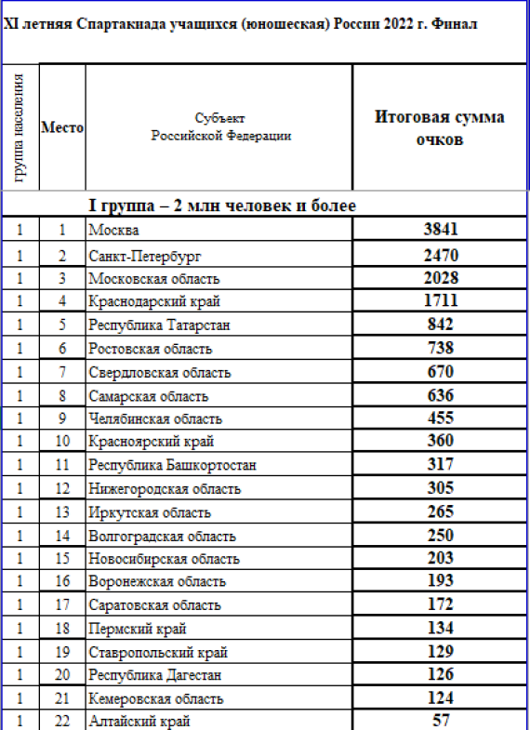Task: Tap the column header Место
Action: tap(62, 128)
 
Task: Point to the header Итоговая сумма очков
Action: tap(439, 128)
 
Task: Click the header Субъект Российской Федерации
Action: tap(220, 127)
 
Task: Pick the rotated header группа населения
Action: tap(20, 126)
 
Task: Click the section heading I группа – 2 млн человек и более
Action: tap(221, 205)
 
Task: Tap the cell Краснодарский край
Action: tap(146, 301)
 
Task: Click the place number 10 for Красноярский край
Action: tap(62, 442)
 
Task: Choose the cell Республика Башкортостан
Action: tap(172, 465)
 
